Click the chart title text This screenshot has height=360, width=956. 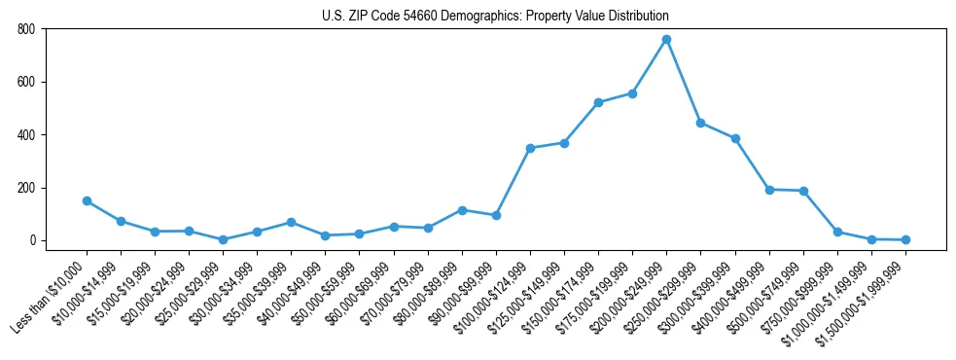tap(495, 16)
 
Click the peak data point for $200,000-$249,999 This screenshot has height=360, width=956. tap(666, 40)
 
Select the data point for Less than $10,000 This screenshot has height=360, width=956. tap(87, 200)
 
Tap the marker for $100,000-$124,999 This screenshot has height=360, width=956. tap(530, 148)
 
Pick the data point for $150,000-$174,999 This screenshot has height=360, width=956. tap(598, 102)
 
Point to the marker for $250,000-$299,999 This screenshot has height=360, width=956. tap(700, 123)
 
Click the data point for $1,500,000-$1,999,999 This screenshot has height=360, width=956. tap(905, 239)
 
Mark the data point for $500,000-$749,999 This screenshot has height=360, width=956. tap(803, 191)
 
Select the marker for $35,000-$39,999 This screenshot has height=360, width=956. tap(291, 222)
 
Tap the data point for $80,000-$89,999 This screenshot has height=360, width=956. tap(462, 210)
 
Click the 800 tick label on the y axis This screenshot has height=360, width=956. tap(25, 29)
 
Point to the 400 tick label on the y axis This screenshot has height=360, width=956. tap(25, 135)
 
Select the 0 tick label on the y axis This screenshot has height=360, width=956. tap(31, 240)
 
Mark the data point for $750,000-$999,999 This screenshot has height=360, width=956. tap(837, 232)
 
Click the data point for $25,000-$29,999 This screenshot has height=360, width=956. tap(223, 239)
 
